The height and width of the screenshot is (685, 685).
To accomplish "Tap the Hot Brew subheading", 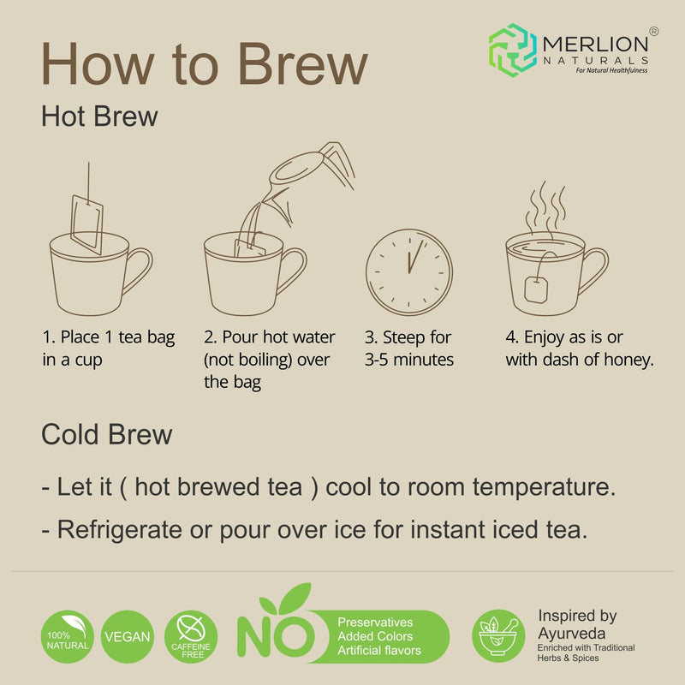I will click(99, 116).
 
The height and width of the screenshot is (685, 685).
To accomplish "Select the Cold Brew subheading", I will click(106, 434).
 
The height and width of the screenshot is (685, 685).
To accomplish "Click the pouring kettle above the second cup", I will click(304, 176).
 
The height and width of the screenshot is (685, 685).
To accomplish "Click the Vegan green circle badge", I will click(128, 637).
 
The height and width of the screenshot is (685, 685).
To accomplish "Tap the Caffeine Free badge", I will click(191, 636).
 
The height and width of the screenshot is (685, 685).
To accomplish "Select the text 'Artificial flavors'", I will click(379, 651).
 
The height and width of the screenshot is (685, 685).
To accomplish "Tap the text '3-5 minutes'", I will click(409, 360).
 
